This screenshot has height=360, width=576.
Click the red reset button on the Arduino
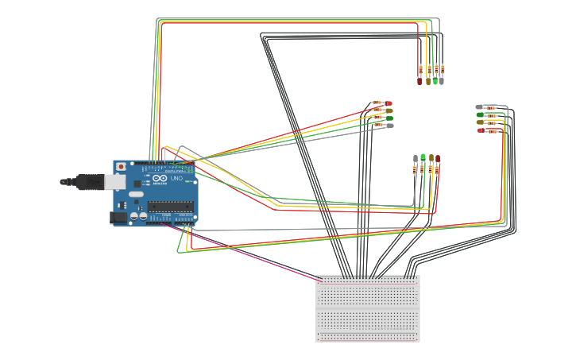tap(121, 167)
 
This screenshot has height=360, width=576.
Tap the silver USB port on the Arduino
tap(114, 182)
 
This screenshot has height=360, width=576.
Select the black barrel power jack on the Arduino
tap(118, 216)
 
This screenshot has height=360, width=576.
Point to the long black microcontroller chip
tap(170, 207)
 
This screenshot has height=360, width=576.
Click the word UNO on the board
tap(176, 179)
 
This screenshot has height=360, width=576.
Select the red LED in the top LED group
tap(419, 80)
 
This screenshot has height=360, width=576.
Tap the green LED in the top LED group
tap(435, 80)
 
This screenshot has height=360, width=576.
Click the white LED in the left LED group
tap(389, 126)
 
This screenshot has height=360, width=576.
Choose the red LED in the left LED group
tap(389, 103)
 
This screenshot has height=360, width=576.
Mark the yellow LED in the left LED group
tap(389, 110)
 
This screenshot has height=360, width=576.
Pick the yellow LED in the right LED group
tap(480, 122)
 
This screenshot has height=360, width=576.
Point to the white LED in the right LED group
tap(479, 106)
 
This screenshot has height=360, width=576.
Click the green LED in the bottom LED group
tap(423, 157)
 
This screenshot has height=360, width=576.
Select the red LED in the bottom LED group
tap(437, 158)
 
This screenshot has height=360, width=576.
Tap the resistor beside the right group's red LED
tap(492, 130)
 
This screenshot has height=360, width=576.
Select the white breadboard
tap(368, 310)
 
